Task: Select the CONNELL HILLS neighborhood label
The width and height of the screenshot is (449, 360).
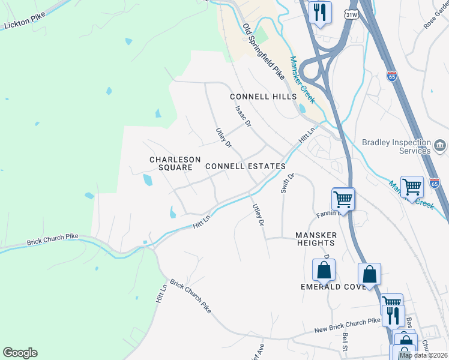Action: [264, 97]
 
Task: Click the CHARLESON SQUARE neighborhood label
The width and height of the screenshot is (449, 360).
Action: [175, 163]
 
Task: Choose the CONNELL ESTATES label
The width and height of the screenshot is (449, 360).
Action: [245, 166]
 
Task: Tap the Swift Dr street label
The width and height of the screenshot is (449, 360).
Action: [287, 184]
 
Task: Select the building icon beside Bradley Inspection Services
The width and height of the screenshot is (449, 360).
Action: [439, 146]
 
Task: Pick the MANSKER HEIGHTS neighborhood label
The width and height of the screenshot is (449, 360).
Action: [315, 239]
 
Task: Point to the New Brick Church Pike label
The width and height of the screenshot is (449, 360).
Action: [348, 326]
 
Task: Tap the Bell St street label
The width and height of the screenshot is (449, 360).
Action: [345, 345]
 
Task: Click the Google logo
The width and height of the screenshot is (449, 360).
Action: [20, 353]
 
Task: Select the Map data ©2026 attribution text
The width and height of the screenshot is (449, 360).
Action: [423, 355]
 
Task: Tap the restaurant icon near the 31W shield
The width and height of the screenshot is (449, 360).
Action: [320, 12]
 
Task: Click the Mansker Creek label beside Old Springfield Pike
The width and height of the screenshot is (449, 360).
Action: [302, 80]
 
